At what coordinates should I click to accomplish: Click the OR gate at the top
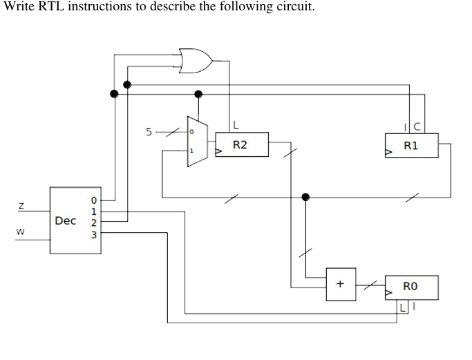[195, 61]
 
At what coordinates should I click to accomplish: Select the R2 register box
[241, 144]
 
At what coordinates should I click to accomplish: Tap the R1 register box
[411, 145]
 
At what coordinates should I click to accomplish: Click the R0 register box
[411, 286]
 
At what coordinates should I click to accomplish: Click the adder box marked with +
[341, 284]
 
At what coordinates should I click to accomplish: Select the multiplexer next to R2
[197, 142]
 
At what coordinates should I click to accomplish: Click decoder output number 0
[94, 200]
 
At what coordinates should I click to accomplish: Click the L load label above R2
[236, 125]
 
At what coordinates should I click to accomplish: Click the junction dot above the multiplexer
[198, 93]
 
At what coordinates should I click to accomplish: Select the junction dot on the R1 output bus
[306, 197]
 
